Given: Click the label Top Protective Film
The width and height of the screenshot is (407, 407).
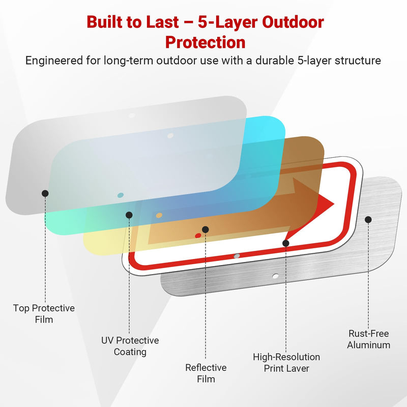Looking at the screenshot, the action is [44, 313].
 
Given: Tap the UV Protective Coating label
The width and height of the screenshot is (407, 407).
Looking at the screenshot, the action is [130, 346].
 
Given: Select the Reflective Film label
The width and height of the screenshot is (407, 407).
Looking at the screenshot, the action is [206, 373].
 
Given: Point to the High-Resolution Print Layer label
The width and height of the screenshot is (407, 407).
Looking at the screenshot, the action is [286, 363].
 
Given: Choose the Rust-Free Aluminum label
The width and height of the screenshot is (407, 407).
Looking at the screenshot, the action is [368, 339].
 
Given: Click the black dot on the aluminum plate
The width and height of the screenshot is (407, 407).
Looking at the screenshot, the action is [368, 220].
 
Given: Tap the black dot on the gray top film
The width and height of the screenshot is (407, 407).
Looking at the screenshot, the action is [45, 193].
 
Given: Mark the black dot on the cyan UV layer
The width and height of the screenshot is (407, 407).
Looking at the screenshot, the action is [129, 215].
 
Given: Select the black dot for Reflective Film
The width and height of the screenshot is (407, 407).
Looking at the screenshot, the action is [206, 229].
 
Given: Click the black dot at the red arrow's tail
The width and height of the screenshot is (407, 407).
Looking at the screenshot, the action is [286, 243].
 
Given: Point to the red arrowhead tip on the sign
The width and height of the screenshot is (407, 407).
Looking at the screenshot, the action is [334, 204].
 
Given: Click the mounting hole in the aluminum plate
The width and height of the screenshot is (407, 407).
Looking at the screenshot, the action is [275, 276].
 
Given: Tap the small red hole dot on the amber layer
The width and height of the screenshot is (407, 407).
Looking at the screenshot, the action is [198, 236].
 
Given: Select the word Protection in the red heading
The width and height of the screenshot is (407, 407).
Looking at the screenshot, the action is [206, 42].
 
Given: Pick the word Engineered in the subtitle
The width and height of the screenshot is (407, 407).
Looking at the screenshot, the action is [54, 61].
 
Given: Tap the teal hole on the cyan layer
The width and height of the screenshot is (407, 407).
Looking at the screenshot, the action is [121, 195].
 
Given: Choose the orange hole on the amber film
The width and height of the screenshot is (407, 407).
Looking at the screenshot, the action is [159, 215].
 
